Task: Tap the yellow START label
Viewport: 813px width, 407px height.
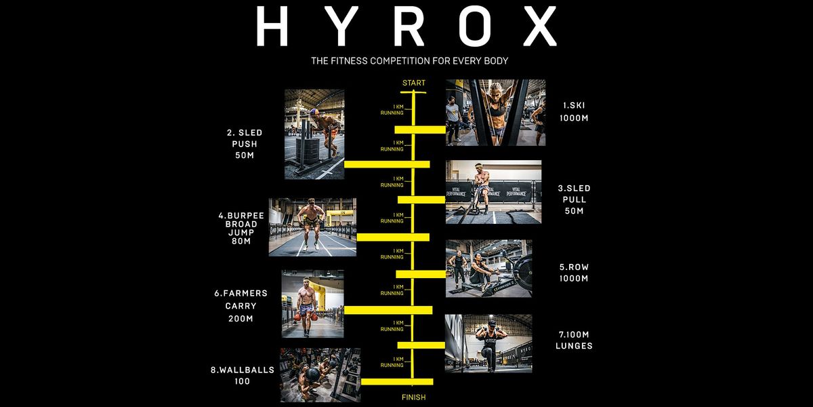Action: coord(414,83)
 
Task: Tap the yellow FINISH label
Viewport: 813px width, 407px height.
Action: coord(414,398)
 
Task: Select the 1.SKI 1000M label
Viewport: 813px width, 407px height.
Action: coord(574,111)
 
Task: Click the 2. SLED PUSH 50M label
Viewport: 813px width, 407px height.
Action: coord(245,144)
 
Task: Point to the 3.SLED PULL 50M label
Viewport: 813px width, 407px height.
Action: coord(575,199)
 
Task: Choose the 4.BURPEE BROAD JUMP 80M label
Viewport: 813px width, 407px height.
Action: coord(241,228)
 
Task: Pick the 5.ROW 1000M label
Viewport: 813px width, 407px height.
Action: coord(574,273)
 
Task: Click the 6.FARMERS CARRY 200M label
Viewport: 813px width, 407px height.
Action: coord(241,306)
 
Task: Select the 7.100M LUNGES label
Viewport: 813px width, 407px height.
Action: coord(574,340)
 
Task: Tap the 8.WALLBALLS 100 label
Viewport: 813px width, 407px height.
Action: coord(243,375)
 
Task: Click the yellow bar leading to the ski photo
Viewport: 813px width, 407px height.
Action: coord(420,130)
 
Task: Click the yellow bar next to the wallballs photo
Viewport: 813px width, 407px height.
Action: coord(397,381)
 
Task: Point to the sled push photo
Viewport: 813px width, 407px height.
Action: coord(314,134)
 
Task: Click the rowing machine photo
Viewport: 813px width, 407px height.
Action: coord(489,269)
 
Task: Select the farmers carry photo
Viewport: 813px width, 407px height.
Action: coord(312,304)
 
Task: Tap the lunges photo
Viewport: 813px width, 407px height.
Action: coord(488,343)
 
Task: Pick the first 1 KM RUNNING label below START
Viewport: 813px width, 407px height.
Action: coord(392,110)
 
